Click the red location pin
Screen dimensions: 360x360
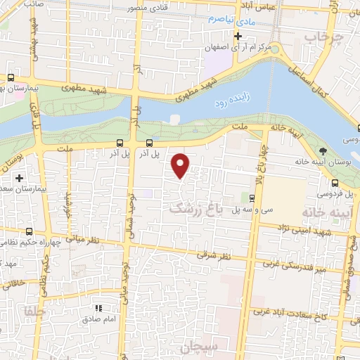(181, 165)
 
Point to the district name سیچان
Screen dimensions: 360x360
(221, 346)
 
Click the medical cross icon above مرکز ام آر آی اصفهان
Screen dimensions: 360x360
(239, 36)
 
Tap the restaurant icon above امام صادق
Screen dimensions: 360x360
(99, 308)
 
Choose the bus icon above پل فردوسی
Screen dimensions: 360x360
(330, 179)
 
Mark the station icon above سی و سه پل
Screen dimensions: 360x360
(253, 198)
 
